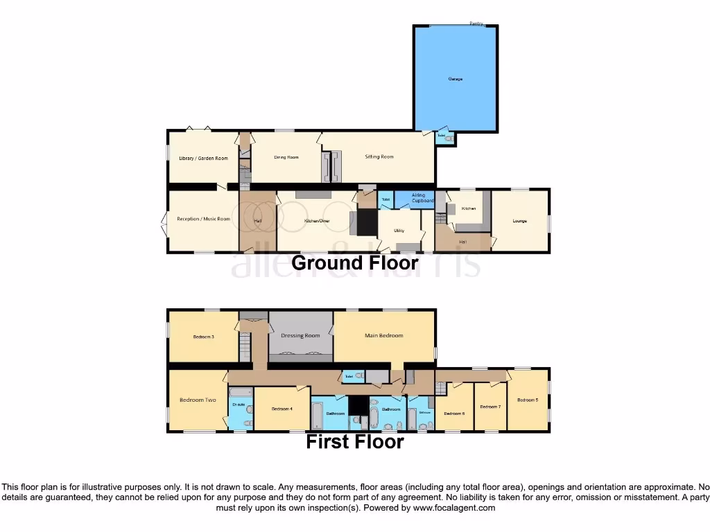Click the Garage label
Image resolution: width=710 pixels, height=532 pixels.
[455, 79]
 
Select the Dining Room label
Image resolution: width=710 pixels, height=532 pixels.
[286, 157]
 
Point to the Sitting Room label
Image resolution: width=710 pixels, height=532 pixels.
[379, 157]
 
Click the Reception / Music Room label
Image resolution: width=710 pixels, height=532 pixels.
[203, 220]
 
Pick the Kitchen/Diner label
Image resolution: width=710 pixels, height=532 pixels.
[317, 220]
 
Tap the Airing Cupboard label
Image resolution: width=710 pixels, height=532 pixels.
[422, 198]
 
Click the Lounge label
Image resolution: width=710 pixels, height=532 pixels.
[519, 221]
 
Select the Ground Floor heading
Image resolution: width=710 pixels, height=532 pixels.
[355, 263]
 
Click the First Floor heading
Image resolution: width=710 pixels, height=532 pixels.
[355, 441]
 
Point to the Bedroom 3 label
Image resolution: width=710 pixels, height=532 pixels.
[203, 337]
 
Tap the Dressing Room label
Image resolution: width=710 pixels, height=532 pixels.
[300, 335]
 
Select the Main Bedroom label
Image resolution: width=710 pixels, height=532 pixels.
[383, 335]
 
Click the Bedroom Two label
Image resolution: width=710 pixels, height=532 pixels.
[198, 400]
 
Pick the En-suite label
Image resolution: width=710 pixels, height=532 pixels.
[240, 404]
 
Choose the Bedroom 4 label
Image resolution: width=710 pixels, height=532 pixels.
[282, 409]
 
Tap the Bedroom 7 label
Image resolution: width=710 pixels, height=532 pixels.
[490, 407]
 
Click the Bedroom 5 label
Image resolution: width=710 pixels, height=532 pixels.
[527, 400]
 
